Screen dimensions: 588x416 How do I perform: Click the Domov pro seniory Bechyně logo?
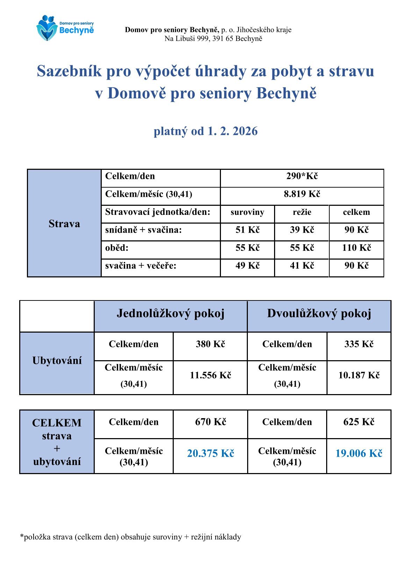tap(65, 28)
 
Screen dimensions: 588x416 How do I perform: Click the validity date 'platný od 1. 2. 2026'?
tap(206, 131)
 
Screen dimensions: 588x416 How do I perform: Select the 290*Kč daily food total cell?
tap(302, 176)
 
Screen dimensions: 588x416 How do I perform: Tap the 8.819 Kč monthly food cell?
tap(302, 194)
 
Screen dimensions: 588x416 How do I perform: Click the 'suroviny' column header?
tap(248, 212)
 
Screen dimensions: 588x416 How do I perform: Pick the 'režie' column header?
tap(302, 212)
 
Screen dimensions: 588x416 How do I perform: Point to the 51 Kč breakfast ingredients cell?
tap(248, 230)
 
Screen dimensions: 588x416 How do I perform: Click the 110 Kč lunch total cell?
tap(356, 248)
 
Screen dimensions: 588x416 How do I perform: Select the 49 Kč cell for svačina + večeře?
tap(248, 266)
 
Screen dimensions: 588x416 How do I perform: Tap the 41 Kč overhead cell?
tap(302, 266)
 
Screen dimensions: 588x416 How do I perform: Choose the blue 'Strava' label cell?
tap(64, 224)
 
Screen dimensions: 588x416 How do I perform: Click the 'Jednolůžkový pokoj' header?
tap(171, 314)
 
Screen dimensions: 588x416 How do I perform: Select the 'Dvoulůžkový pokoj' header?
tap(319, 314)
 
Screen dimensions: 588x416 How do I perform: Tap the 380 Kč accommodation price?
tap(210, 344)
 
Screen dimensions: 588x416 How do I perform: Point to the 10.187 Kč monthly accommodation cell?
tap(359, 376)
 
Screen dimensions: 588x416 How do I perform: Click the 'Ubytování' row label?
tap(57, 361)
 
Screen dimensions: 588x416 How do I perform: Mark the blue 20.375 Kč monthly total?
tap(210, 453)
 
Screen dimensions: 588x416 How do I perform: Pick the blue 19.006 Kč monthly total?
tap(359, 453)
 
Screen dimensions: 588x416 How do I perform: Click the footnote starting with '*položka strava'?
tap(130, 537)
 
